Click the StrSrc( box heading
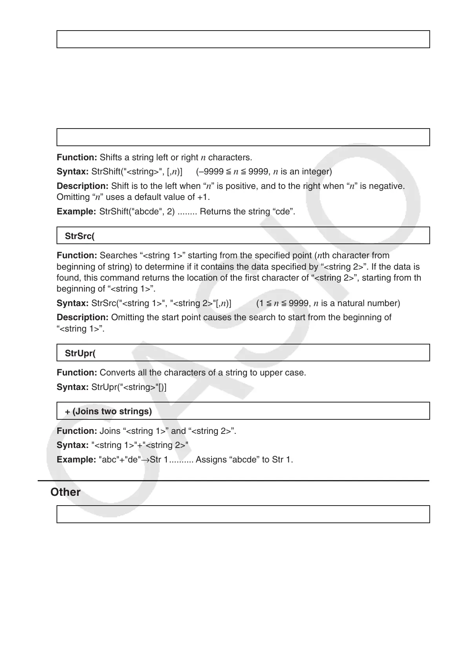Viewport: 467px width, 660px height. [80, 236]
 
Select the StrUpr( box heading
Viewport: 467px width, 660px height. [80, 353]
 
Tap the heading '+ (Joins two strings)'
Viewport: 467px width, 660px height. [108, 411]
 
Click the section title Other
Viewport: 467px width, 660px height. [66, 492]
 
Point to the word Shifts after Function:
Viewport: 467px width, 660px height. [111, 158]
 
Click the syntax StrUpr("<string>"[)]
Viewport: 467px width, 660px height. [129, 387]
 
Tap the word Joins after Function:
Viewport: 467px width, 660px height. [109, 431]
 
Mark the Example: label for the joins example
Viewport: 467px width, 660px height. [76, 459]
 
